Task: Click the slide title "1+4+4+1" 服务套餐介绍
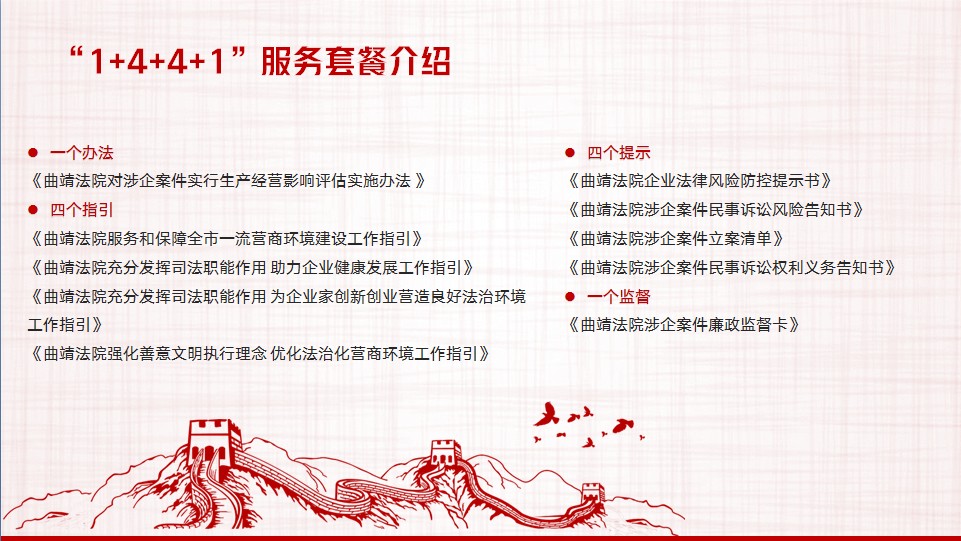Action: coord(261,61)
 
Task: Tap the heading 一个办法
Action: coord(82,153)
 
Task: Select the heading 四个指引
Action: coord(82,210)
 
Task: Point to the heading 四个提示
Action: coord(618,153)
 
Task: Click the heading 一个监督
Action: coord(618,297)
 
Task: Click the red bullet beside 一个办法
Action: coord(33,153)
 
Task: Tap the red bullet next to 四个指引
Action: coord(33,210)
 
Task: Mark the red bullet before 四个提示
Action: coord(570,153)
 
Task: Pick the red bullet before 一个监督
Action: coord(570,297)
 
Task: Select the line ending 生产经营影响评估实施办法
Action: coord(227,181)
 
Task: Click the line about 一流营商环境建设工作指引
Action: coord(226,239)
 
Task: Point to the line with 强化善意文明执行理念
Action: coord(259,354)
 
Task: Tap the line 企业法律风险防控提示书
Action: coord(699,181)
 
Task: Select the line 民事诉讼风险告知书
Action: coord(715,210)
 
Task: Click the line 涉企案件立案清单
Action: coord(675,239)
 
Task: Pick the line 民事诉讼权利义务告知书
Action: coord(731,268)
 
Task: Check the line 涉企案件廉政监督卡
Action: coord(683,325)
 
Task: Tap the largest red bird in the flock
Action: coord(546,414)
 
